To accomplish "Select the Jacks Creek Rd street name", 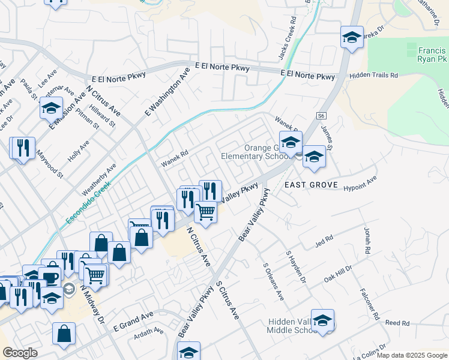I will coord(288,37).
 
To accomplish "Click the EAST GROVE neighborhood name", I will coord(312,185).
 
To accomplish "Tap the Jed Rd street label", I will coord(324,242).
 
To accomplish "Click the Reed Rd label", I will coord(397,323).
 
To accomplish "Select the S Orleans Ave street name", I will coord(273,281).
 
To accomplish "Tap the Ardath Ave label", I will coord(149,332).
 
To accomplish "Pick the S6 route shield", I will coord(321,115).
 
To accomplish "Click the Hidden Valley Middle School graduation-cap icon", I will coord(322,320).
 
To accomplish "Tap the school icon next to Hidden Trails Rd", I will coord(352,37).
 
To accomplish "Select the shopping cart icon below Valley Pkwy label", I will coord(206,211).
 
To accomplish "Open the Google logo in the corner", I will coord(20,353).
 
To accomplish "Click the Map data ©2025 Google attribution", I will coord(412,355).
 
